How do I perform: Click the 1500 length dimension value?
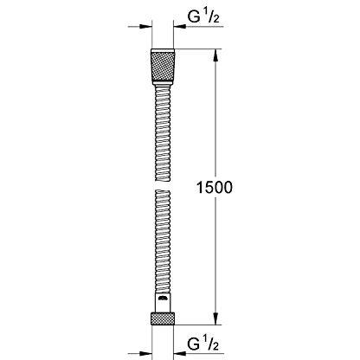214,188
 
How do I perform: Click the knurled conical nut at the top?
163,67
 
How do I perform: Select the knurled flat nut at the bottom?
163,318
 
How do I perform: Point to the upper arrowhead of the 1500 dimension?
215,55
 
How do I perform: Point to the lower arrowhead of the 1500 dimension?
215,318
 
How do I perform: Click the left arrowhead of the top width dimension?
146,27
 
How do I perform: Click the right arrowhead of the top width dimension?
179,27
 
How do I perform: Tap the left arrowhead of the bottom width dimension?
146,353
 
